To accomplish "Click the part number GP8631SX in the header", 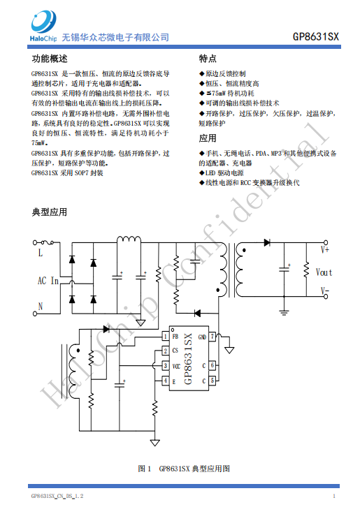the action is coord(316,36).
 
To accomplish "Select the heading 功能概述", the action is coord(50,59).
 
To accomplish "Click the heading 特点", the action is coord(208,59).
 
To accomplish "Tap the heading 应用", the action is coord(208,138).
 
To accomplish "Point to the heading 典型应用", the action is coord(50,212).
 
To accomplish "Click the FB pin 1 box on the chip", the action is coord(166,337).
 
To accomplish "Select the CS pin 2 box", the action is coord(166,351).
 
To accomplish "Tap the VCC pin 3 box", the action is coord(166,365).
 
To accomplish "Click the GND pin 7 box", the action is coord(213,337).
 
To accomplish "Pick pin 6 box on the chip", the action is coord(213,365).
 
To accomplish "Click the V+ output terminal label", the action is coord(325,250).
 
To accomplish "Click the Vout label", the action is coord(324,272).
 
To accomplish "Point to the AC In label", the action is coord(48,281).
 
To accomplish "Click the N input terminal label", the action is coord(41,306).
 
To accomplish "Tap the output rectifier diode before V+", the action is coord(267,242).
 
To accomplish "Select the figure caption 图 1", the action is coord(145,469).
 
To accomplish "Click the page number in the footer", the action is coord(334,496).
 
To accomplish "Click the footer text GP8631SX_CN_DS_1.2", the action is coord(57,496).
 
